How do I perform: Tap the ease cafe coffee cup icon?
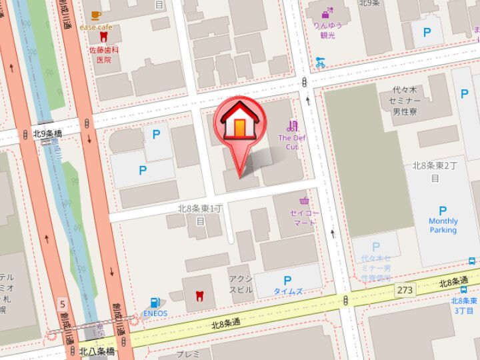(x=96, y=15)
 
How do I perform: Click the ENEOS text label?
(x=155, y=313)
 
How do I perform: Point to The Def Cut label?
(x=291, y=142)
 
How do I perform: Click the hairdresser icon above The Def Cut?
(x=292, y=125)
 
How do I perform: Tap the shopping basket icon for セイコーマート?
(x=305, y=201)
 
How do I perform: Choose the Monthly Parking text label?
(x=443, y=225)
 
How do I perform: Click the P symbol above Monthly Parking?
(x=443, y=211)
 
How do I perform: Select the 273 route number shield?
(x=403, y=290)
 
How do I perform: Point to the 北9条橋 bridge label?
(x=47, y=134)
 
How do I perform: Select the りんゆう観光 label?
(x=328, y=29)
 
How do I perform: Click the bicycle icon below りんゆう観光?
(x=321, y=63)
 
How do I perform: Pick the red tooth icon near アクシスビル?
(x=198, y=295)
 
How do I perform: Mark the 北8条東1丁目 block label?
(x=199, y=213)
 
